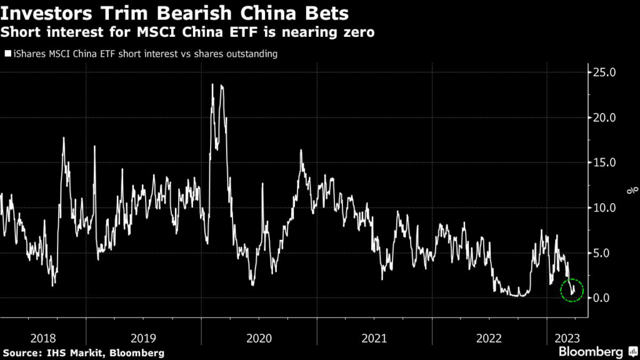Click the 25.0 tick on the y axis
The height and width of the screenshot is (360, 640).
pos(605,72)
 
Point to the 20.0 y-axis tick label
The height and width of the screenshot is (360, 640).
pos(605,117)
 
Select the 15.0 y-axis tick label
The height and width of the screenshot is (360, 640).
pos(605,162)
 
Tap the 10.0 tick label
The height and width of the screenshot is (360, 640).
pos(605,207)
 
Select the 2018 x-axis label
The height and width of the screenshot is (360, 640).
pos(42,337)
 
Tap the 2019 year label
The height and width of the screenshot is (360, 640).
pos(144,337)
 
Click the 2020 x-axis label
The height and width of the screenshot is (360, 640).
pos(259,337)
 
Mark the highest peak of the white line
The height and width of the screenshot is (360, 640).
pos(213,84)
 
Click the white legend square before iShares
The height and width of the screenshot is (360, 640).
pos(7,54)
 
